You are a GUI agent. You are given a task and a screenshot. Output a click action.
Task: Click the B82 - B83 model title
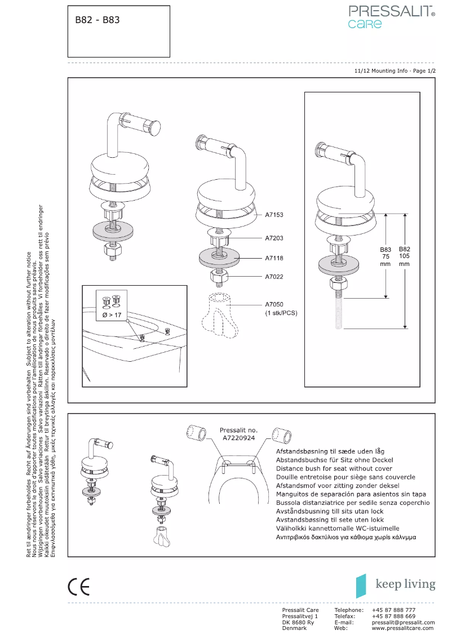click(98, 20)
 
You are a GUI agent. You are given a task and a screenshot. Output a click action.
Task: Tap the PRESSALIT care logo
click(391, 16)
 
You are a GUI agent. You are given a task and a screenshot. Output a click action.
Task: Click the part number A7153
click(274, 215)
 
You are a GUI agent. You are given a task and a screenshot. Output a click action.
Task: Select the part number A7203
click(274, 238)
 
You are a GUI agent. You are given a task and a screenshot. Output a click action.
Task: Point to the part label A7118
click(274, 258)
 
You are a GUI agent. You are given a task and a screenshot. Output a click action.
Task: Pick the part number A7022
click(274, 277)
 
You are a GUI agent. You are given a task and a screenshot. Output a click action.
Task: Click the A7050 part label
click(274, 304)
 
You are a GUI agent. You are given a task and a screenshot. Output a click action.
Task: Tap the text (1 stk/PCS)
click(281, 313)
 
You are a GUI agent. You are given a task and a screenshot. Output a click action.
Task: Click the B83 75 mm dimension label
click(385, 256)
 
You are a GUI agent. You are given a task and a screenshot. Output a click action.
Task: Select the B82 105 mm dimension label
click(405, 256)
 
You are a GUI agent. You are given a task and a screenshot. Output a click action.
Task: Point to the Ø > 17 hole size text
click(112, 316)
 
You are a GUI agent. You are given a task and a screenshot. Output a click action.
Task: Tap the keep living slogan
click(405, 584)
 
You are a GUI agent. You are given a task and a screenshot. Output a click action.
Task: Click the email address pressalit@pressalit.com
click(402, 622)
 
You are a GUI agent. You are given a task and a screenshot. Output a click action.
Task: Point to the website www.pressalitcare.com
click(402, 628)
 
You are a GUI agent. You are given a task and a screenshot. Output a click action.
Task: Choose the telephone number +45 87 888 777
click(394, 610)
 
